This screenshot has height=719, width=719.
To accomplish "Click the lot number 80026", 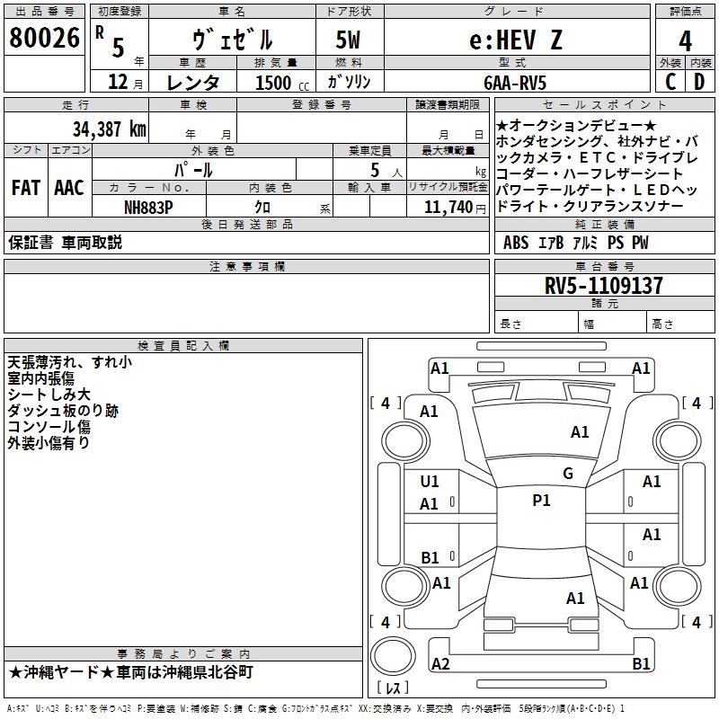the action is tap(44, 38).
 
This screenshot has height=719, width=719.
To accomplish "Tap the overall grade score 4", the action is tap(685, 41).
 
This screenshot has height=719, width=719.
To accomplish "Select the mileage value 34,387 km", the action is tap(110, 129).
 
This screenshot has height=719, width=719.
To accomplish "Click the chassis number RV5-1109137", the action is tap(603, 286).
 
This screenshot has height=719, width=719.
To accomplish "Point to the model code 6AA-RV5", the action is tap(515, 83).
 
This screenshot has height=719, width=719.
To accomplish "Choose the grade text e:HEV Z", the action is tap(516, 40).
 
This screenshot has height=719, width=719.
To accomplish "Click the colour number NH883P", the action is tap(148, 208).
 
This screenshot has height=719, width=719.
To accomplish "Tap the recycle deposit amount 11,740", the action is tap(448, 208).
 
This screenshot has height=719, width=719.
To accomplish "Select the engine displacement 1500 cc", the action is tap(282, 83).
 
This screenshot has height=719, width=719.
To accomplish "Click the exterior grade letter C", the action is tap(670, 82).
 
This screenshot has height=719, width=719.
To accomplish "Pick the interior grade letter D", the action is tap(699, 82).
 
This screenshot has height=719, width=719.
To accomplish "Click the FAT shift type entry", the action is tap(26, 188).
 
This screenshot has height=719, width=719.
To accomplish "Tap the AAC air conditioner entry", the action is tap(69, 188).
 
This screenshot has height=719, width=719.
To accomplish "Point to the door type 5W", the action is tap(348, 40).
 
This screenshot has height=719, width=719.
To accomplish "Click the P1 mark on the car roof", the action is tap(541, 501).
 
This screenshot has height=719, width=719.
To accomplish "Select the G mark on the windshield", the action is tap(568, 474).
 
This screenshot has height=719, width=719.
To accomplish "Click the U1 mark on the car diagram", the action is tap(430, 482).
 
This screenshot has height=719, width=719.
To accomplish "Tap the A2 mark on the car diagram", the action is tap(440, 664).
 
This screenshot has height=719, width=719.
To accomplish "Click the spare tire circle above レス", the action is tap(393, 656).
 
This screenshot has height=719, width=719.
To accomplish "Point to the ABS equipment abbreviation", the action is tap(516, 243).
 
